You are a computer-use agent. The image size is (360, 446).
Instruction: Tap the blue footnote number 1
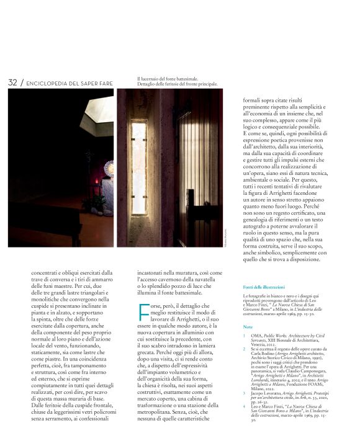click(244, 336)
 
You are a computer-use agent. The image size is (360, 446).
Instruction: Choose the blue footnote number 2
click(244, 349)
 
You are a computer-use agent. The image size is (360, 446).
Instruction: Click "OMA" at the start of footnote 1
click(256, 336)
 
